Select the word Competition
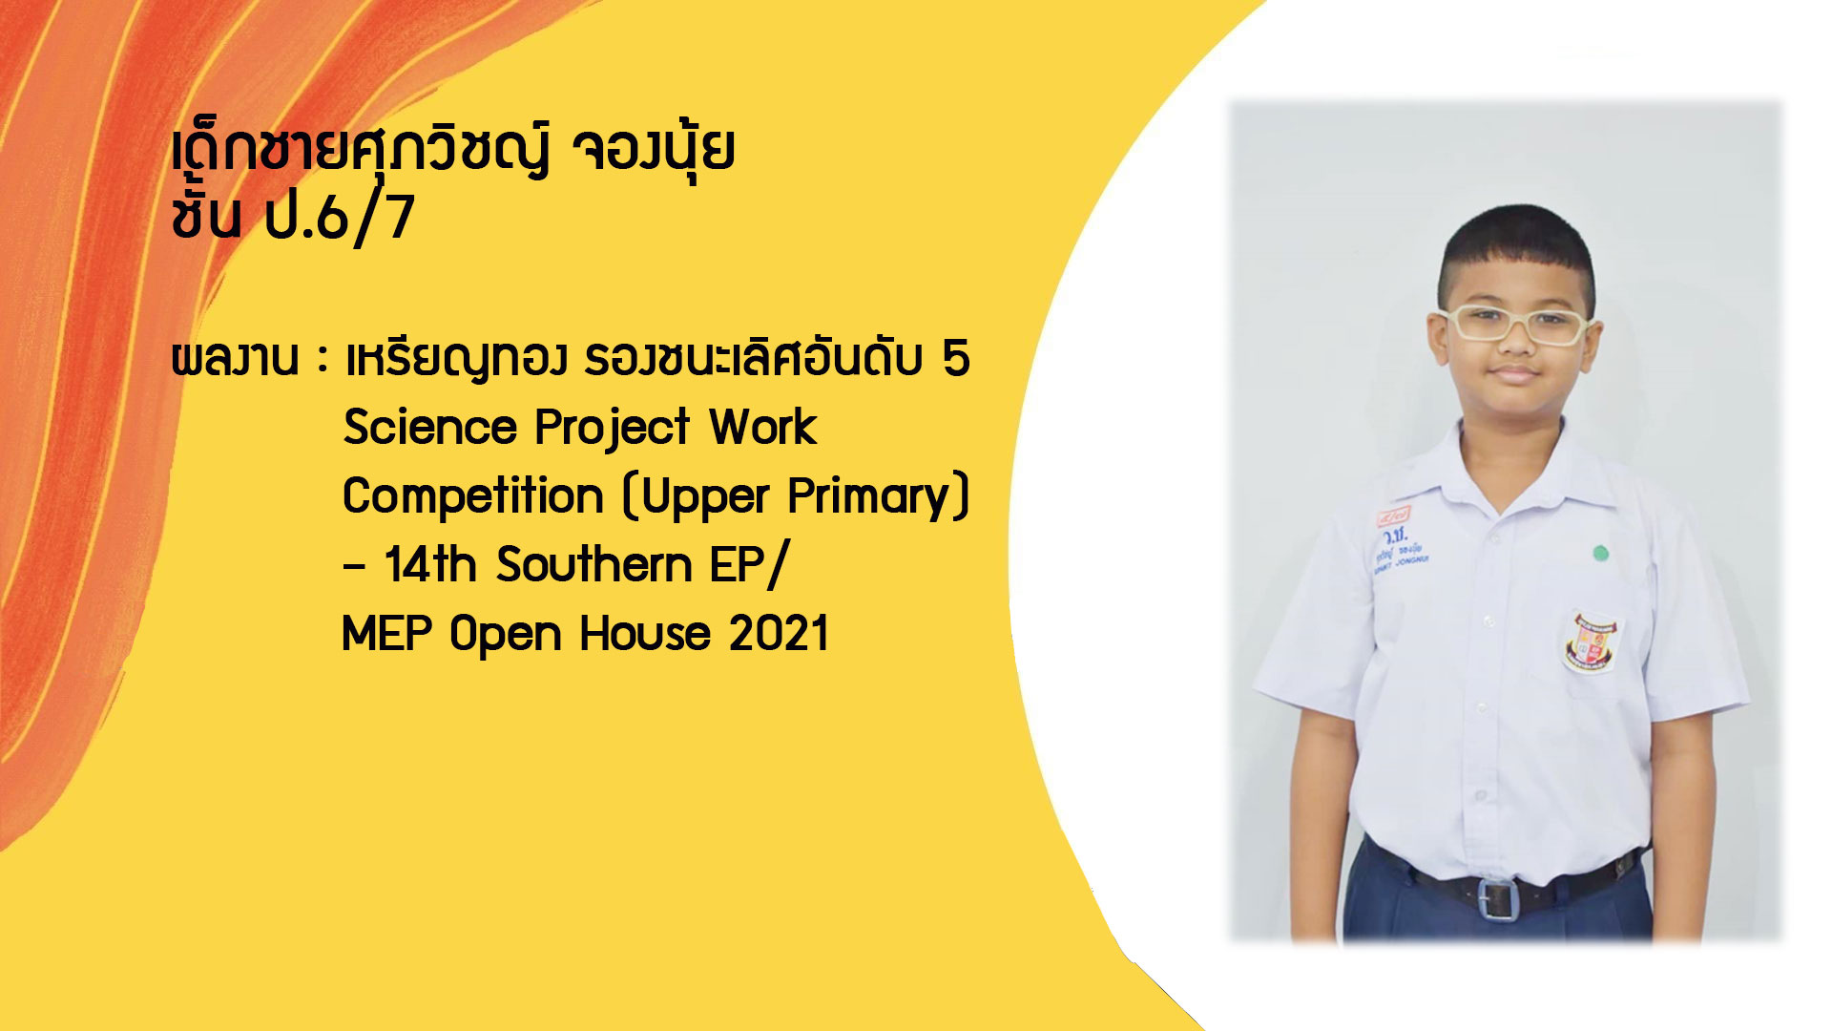coord(472,496)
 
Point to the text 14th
coord(430,564)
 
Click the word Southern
coord(593,564)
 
